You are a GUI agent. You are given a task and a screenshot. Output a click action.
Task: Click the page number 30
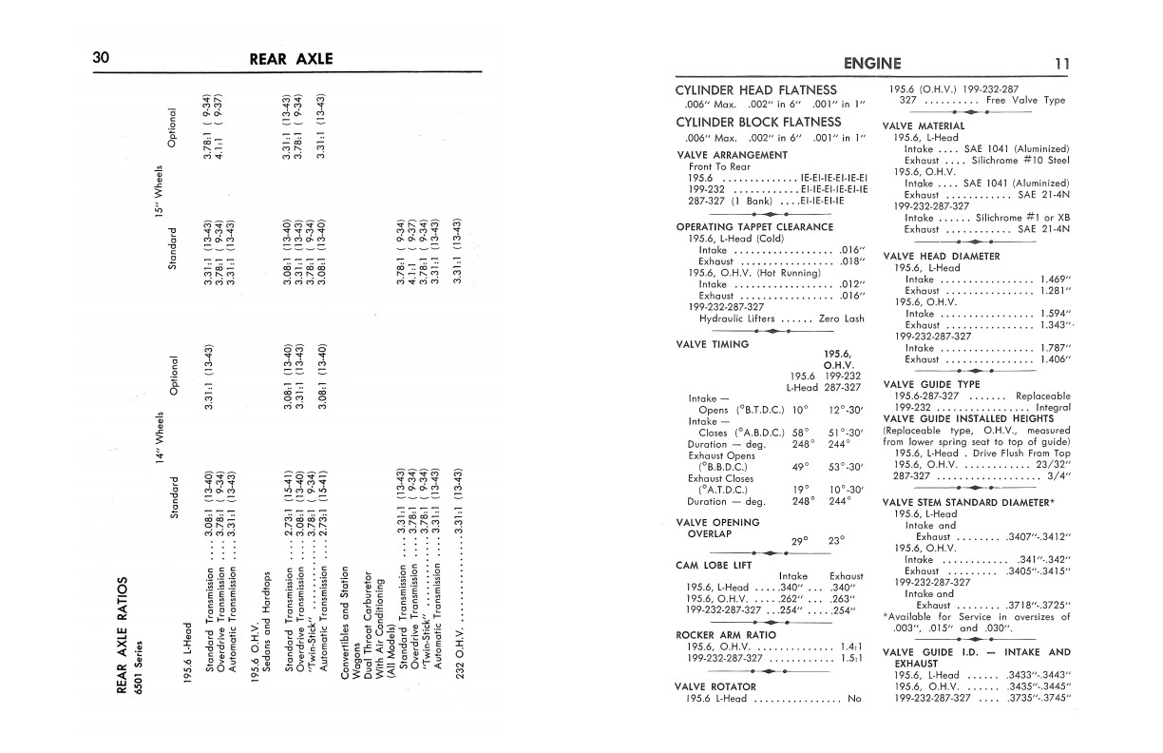(102, 59)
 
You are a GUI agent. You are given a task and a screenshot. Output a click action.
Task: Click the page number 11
(1062, 64)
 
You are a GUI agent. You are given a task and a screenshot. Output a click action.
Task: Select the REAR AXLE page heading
(291, 59)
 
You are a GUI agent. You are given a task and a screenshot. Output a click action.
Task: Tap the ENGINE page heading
(872, 64)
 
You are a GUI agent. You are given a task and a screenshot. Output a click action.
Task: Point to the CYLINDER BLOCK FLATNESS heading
(758, 122)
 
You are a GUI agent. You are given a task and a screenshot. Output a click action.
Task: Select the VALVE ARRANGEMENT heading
(732, 154)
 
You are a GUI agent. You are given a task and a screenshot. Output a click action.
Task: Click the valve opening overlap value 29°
(799, 541)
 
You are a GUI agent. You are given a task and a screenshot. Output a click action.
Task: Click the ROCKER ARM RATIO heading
(721, 634)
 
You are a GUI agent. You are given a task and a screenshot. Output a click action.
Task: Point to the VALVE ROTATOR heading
(715, 685)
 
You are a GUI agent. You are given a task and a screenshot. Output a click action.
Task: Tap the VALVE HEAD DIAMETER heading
(941, 256)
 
